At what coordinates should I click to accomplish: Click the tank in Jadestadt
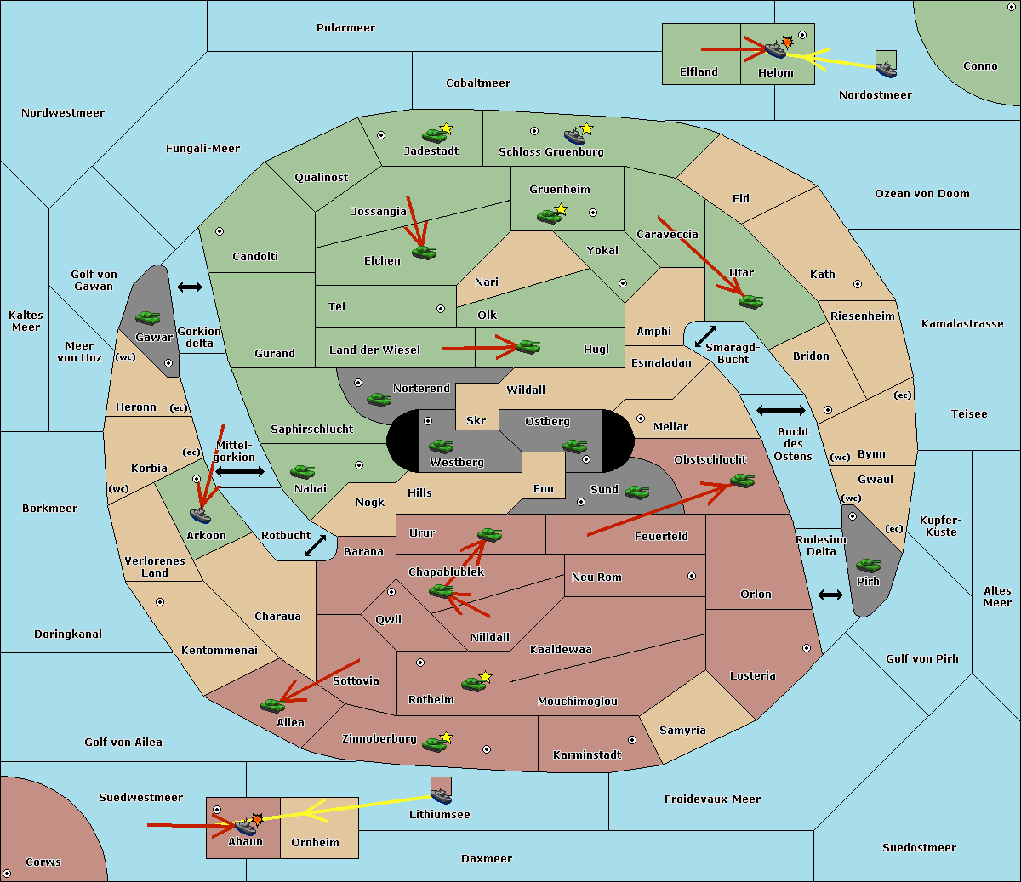434,135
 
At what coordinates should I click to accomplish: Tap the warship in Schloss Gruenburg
574,136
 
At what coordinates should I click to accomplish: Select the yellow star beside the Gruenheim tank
561,209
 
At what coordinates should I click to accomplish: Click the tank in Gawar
147,317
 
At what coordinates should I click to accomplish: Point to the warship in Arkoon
200,515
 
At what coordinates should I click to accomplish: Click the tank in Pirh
868,565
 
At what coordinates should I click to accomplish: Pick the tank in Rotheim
473,684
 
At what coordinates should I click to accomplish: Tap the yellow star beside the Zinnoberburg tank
446,737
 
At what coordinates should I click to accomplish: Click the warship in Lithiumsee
441,795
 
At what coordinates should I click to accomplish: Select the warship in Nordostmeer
887,69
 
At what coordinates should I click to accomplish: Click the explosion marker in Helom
787,42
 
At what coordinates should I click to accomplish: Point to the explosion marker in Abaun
257,820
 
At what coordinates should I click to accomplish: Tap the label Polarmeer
345,28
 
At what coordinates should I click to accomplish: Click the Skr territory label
476,420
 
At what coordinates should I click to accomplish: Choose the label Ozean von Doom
921,194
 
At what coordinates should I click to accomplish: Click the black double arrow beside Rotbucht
315,545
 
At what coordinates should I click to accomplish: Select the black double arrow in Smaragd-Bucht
705,336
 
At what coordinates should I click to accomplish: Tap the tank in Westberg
441,447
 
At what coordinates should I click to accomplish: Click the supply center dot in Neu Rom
692,576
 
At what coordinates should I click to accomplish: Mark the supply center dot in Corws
7,873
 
